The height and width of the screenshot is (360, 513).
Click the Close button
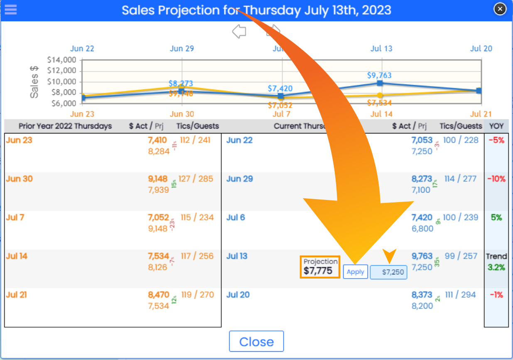tap(256, 342)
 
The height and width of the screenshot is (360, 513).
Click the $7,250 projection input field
tap(388, 272)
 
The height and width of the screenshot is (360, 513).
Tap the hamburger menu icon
tap(10, 10)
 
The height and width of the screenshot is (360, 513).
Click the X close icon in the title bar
tap(500, 8)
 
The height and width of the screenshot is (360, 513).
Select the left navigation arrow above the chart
tap(239, 31)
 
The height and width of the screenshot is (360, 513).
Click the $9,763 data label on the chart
tap(379, 76)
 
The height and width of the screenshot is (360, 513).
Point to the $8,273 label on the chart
tap(181, 84)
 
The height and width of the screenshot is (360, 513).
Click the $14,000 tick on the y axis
tap(63, 60)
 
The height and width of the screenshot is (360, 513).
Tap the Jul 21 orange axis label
tap(481, 114)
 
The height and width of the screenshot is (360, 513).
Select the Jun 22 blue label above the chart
tap(82, 49)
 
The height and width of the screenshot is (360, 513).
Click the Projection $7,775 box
tap(320, 267)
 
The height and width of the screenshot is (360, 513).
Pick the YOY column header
tap(496, 126)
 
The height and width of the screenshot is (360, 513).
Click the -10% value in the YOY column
tap(496, 179)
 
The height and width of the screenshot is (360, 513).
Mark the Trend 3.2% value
tap(496, 262)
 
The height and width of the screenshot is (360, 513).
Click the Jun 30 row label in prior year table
tap(20, 179)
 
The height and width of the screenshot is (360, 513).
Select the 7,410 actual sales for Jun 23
tap(157, 140)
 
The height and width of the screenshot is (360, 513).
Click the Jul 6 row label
tap(236, 218)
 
